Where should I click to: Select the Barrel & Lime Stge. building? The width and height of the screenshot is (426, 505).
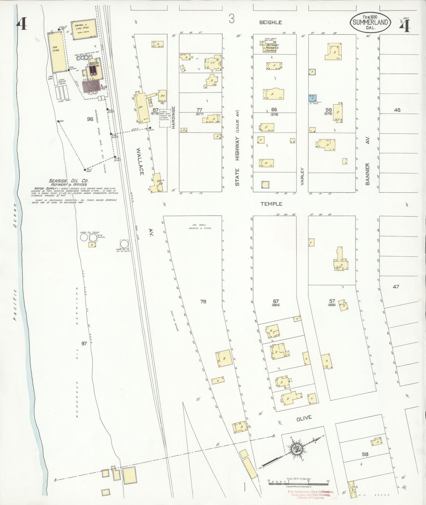click(x=83, y=29)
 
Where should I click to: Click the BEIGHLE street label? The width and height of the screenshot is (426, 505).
click(x=270, y=23)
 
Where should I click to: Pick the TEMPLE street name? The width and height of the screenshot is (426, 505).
click(x=271, y=204)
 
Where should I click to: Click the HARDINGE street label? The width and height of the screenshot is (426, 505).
click(x=174, y=117)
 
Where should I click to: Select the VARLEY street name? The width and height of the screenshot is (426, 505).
click(x=303, y=176)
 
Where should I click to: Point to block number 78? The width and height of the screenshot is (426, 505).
click(x=203, y=301)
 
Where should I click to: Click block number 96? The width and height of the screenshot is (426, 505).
click(x=90, y=119)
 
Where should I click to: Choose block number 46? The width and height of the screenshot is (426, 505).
click(x=397, y=110)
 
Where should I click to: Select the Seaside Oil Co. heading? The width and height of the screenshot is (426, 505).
click(x=68, y=181)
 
